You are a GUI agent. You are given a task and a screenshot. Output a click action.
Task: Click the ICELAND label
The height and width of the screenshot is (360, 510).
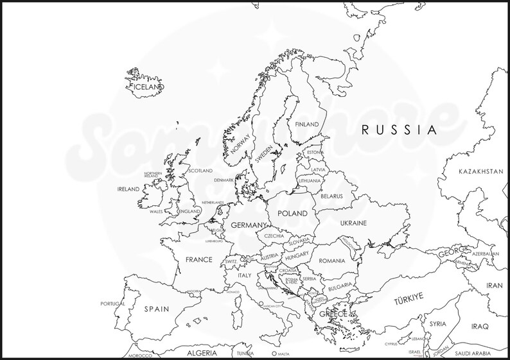pyautogui.click(x=148, y=86)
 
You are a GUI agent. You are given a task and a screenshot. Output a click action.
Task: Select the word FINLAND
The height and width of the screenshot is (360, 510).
pyautogui.click(x=307, y=124)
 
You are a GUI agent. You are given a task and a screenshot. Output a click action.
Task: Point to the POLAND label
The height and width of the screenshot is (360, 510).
pyautogui.click(x=292, y=213)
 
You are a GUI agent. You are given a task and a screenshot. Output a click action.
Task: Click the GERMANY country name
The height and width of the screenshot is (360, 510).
pyautogui.click(x=249, y=225)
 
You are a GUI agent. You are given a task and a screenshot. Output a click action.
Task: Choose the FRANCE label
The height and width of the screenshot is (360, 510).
pyautogui.click(x=198, y=260)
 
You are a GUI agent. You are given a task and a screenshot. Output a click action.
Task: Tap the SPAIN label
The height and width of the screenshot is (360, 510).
pyautogui.click(x=156, y=309)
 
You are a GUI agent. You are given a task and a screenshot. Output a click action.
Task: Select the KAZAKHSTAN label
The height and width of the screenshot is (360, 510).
pyautogui.click(x=480, y=171)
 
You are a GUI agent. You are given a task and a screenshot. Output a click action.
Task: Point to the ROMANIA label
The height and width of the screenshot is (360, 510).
pyautogui.click(x=331, y=261)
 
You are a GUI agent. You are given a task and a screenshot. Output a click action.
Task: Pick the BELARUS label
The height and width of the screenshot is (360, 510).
pyautogui.click(x=331, y=196)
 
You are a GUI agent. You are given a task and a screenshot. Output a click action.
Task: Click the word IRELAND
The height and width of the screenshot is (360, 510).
pyautogui.click(x=128, y=189)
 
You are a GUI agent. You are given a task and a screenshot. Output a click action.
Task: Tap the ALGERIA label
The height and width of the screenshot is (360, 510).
pyautogui.click(x=202, y=353)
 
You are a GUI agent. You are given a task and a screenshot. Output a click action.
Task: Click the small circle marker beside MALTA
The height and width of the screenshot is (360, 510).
pyautogui.click(x=274, y=354)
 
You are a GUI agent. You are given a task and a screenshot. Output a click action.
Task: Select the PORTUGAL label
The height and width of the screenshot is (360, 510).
pyautogui.click(x=112, y=304)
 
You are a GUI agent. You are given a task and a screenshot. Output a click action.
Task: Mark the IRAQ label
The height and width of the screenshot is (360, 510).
pyautogui.click(x=480, y=326)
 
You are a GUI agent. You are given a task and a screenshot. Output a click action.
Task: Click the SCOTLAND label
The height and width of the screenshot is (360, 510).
pyautogui.click(x=200, y=171)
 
